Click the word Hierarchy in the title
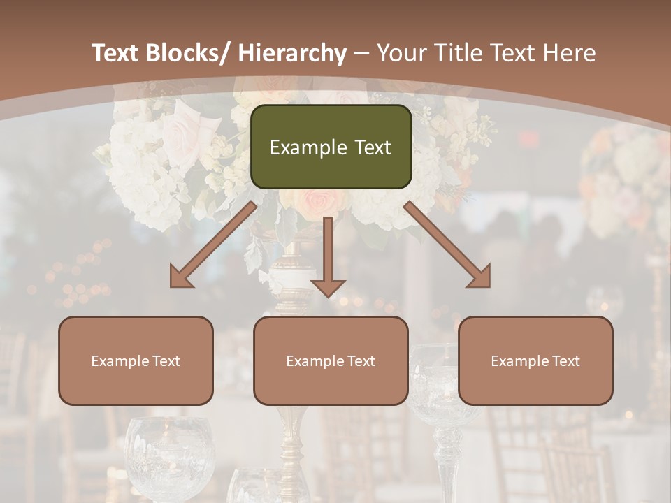tap(292, 53)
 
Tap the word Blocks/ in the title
tap(187, 53)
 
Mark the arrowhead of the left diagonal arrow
tap(180, 277)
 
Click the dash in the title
tap(361, 54)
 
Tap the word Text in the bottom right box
tap(565, 361)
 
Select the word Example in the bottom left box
tap(120, 361)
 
